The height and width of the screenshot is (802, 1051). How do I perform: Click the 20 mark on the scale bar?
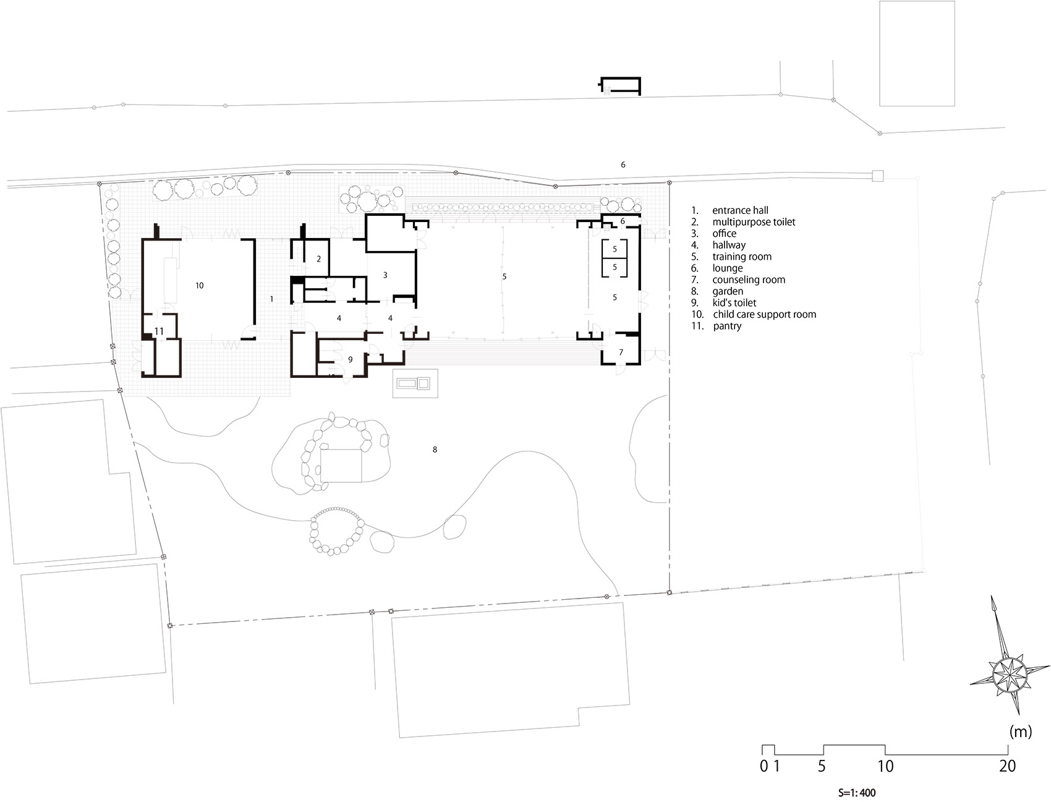click(1007, 766)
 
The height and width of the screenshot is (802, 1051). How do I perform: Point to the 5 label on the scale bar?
click(822, 766)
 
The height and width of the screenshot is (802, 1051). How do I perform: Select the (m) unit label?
click(1020, 733)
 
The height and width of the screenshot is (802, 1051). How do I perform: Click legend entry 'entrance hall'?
click(740, 210)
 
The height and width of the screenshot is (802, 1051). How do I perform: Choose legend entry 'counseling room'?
click(749, 279)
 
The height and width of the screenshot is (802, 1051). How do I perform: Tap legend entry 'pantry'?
click(727, 326)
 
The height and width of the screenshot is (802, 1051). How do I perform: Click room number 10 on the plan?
click(199, 286)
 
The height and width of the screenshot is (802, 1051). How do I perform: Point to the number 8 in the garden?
click(435, 450)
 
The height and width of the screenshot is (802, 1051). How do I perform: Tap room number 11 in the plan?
click(159, 331)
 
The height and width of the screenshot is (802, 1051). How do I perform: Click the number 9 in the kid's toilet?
click(350, 359)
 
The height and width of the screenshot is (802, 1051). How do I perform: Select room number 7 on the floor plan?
click(621, 352)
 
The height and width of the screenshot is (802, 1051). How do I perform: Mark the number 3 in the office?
click(385, 275)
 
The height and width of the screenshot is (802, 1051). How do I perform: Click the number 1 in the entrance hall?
click(271, 299)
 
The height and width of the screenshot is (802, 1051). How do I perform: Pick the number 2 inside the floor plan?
click(318, 258)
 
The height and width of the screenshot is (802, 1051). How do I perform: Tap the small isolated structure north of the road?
click(621, 86)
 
